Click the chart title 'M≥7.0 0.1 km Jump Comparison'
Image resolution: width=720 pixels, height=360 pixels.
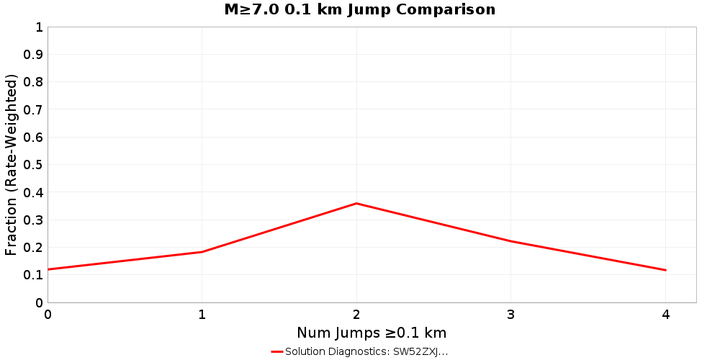pos(360,10)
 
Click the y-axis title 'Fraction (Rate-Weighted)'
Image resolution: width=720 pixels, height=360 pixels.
pos(12,164)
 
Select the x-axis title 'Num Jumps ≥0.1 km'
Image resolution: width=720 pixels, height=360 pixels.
pos(372,333)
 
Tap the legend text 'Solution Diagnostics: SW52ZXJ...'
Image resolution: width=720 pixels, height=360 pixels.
pos(366,352)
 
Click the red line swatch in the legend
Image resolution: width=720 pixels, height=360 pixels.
pos(277,352)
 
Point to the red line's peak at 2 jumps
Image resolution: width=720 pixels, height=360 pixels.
pos(356,203)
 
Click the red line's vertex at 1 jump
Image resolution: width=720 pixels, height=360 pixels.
pos(202,252)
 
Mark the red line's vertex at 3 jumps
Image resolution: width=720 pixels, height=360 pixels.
pos(510,241)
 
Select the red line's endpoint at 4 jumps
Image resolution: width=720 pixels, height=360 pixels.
pos(665,270)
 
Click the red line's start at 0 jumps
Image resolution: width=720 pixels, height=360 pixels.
pos(48,269)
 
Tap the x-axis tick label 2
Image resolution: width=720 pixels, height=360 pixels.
pos(356,315)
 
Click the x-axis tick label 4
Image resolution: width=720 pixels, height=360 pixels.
pos(665,315)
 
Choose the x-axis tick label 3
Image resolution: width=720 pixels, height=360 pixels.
pos(510,315)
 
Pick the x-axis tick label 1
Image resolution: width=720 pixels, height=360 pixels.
pos(202,315)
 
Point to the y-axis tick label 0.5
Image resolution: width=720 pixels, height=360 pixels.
pos(33,165)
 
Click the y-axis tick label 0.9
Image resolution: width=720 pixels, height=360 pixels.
pos(33,55)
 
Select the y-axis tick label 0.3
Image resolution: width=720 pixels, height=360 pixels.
pos(33,220)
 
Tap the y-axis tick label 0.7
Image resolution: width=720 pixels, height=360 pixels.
pos(33,109)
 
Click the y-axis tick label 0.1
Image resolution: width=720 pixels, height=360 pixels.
pos(33,275)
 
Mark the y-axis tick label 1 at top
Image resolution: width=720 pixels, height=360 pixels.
pos(39,27)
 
